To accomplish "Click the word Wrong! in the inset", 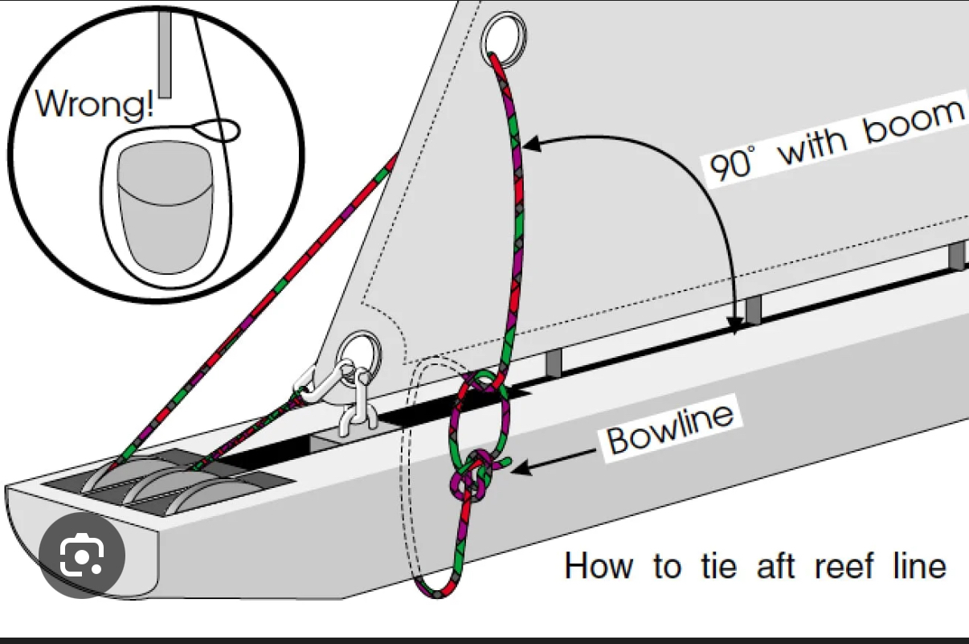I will (x=95, y=105).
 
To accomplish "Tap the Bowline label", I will (x=671, y=429).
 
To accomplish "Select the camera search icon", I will (x=83, y=555).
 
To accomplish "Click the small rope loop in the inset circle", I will (x=218, y=129).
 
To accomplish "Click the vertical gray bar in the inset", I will (x=166, y=52).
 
